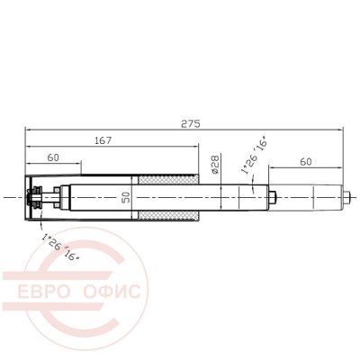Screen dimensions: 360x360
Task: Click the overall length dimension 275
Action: tap(190, 123)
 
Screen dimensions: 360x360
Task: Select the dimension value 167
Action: tap(103, 140)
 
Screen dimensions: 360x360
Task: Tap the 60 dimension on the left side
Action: tap(53, 157)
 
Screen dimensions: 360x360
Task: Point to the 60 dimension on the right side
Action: tap(306, 162)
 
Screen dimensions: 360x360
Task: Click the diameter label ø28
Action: tap(216, 165)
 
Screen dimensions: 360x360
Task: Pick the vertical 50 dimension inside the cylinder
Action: tap(127, 197)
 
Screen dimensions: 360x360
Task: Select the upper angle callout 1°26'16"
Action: tap(254, 157)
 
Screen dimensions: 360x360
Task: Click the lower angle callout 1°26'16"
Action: tap(61, 247)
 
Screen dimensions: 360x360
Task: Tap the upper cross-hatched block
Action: tap(167, 180)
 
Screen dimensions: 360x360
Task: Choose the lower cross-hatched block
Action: tap(167, 215)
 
